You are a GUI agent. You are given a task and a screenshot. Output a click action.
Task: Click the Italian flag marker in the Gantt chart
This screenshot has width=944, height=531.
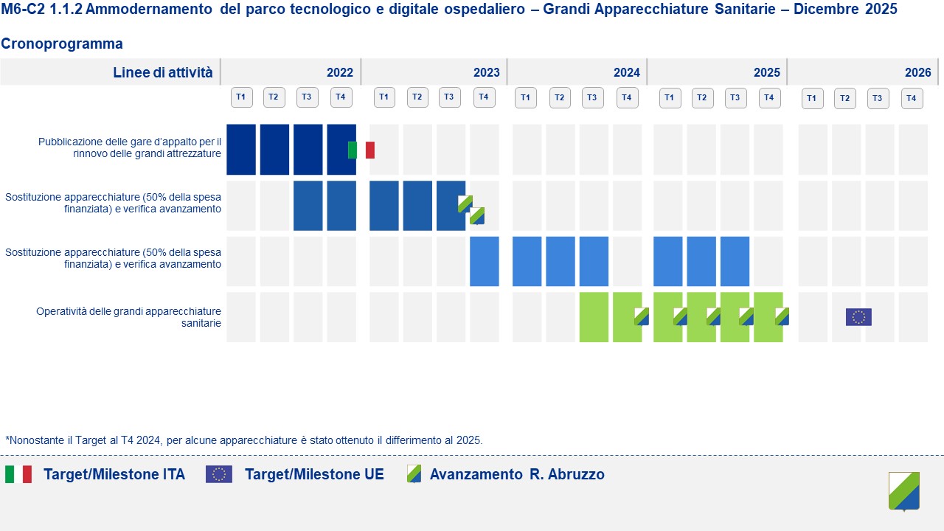tap(361, 150)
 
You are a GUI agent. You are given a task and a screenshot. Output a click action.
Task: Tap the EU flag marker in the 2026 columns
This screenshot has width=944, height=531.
tap(858, 317)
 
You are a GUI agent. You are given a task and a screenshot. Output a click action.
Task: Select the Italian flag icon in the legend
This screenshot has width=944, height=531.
tap(18, 474)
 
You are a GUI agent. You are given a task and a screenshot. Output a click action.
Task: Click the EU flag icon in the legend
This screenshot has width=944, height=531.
tap(219, 474)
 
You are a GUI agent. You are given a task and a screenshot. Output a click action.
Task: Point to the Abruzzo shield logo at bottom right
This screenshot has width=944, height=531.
tap(904, 491)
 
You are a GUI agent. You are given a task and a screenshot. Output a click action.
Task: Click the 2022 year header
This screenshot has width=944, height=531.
tap(340, 72)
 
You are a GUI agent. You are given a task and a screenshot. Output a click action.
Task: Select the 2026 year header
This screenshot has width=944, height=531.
tap(917, 72)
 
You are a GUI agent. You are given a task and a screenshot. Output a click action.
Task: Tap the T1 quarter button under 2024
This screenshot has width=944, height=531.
tap(526, 97)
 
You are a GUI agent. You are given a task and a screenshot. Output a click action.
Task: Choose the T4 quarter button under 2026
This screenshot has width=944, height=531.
tap(912, 97)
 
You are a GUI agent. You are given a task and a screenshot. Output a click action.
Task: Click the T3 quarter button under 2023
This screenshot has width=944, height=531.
tap(450, 97)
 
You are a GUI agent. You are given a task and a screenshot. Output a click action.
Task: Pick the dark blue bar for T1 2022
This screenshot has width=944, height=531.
tap(241, 149)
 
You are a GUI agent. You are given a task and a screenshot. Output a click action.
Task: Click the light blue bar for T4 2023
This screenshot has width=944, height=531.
tap(485, 261)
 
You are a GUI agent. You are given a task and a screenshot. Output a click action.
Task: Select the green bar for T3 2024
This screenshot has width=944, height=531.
tap(594, 317)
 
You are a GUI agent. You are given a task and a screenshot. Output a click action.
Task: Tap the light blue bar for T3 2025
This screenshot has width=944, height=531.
tap(735, 261)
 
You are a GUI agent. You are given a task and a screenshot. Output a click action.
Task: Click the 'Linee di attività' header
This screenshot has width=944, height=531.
tap(162, 72)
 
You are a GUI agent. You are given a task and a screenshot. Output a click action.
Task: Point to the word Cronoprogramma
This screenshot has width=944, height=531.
tap(62, 44)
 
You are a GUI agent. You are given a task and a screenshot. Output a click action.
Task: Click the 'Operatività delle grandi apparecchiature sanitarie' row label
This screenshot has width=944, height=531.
tap(128, 317)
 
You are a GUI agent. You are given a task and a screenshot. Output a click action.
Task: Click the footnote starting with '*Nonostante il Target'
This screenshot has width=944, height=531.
tap(243, 440)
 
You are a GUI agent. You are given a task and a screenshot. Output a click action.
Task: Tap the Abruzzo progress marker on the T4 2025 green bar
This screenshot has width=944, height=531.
tap(782, 316)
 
